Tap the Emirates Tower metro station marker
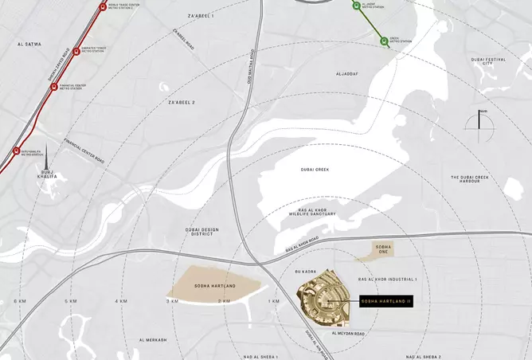click(x=76, y=52)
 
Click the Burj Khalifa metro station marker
click(x=16, y=151)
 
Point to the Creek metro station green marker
click(x=384, y=41)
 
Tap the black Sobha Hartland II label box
click(x=385, y=301)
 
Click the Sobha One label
click(x=383, y=250)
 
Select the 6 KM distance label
click(x=21, y=301)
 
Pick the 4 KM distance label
click(x=121, y=301)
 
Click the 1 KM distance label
click(x=275, y=301)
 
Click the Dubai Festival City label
click(x=488, y=62)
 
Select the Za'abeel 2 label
click(x=182, y=103)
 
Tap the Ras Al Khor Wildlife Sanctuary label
click(x=313, y=213)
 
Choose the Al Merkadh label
click(x=152, y=340)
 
